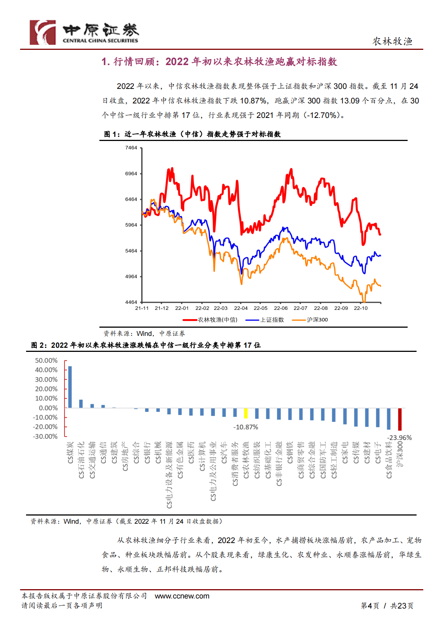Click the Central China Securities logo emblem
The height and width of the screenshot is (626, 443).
click(x=43, y=32)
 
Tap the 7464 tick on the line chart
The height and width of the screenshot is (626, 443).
click(x=131, y=148)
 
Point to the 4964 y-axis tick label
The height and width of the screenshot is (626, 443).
click(x=131, y=277)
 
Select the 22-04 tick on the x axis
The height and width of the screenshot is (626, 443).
click(x=241, y=308)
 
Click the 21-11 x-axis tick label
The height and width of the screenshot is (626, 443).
click(x=142, y=308)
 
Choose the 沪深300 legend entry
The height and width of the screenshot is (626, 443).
click(x=310, y=320)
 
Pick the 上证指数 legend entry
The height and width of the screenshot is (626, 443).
click(x=265, y=320)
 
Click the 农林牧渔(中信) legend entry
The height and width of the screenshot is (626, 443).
click(x=210, y=320)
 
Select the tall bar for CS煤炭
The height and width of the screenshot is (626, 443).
click(x=70, y=387)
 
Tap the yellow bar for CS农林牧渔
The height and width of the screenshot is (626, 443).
click(x=246, y=413)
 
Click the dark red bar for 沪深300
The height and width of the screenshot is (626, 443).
click(x=400, y=419)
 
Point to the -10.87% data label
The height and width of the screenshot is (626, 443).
click(x=246, y=427)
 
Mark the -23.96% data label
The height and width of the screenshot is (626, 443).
click(x=399, y=438)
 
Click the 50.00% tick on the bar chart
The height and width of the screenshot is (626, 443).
click(x=46, y=360)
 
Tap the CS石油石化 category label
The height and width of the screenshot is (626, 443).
click(x=81, y=460)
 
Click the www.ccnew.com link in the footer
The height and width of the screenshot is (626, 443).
click(x=182, y=596)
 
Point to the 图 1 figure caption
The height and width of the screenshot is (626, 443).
click(x=192, y=134)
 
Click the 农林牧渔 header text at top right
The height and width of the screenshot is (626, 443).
click(x=392, y=41)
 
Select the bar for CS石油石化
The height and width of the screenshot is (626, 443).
click(x=81, y=404)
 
